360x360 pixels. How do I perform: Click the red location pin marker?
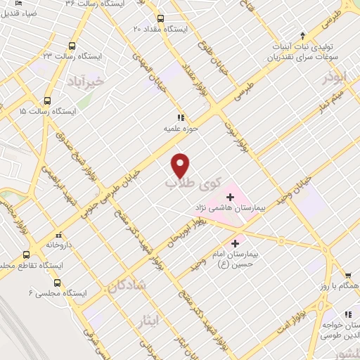(181, 165)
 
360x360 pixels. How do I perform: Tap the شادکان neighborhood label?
(127, 284)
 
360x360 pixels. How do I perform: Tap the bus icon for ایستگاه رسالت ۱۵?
(48, 101)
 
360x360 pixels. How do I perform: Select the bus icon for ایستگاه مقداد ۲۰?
(160, 18)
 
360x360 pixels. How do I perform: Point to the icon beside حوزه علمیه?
(181, 117)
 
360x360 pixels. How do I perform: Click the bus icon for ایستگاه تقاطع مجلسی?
(27, 255)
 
